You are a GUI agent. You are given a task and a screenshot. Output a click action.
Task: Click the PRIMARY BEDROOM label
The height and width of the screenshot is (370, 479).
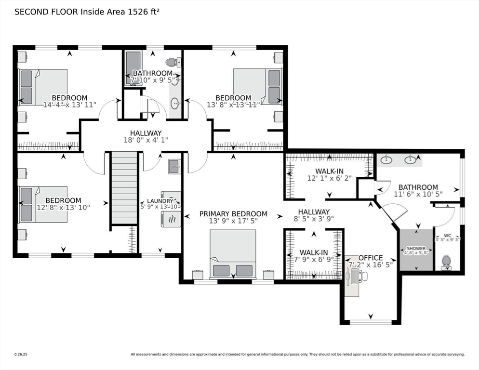[233, 214]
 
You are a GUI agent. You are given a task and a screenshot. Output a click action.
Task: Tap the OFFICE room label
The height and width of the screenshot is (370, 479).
[371, 258]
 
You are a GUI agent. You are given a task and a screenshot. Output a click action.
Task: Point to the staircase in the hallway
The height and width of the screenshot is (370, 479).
[124, 187]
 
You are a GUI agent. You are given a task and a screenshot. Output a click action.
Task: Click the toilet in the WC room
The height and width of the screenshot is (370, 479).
[446, 262]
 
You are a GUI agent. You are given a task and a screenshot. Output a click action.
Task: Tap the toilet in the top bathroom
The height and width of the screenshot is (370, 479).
[172, 62]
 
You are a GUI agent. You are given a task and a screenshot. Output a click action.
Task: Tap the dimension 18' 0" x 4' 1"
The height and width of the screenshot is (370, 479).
[146, 140]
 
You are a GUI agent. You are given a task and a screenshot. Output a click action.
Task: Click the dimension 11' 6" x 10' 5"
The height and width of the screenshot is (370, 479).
[418, 194]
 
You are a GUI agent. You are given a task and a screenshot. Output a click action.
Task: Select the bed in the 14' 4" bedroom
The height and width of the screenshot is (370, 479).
[43, 87]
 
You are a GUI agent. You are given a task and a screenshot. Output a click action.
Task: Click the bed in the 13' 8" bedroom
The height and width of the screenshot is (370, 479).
[257, 86]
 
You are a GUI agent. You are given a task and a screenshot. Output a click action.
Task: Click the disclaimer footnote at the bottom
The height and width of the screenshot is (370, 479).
[297, 355]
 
